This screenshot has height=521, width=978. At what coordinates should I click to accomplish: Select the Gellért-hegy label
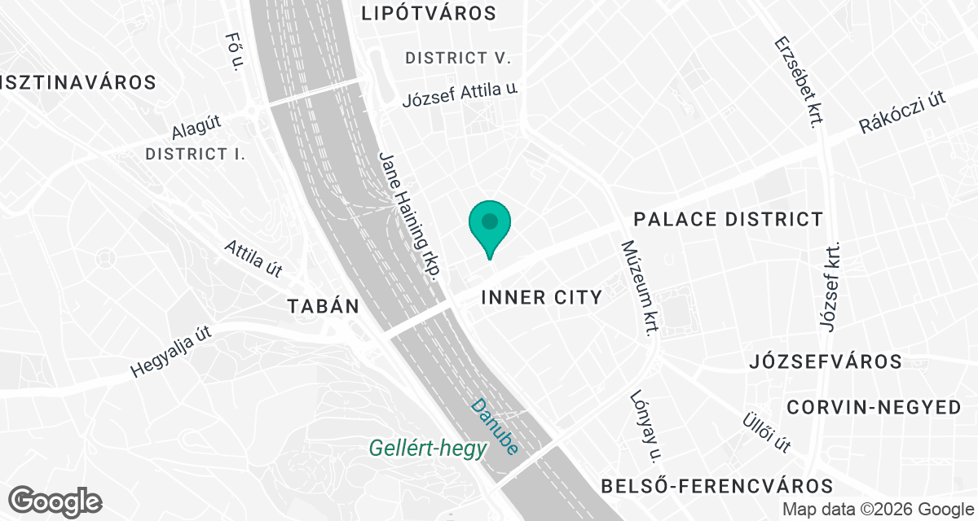tap(428, 447)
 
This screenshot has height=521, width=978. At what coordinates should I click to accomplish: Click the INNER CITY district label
tap(541, 297)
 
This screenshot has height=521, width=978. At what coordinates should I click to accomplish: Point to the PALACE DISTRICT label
tap(729, 219)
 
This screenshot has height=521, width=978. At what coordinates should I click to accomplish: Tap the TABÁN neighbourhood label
tap(323, 307)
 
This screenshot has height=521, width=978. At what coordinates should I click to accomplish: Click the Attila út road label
tap(254, 256)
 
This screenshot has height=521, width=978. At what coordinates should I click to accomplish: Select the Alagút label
tap(196, 128)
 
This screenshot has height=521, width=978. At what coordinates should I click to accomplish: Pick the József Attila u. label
tap(460, 95)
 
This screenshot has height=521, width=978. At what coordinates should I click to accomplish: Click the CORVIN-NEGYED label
tap(874, 408)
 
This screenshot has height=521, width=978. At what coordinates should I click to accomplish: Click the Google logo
tap(55, 501)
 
